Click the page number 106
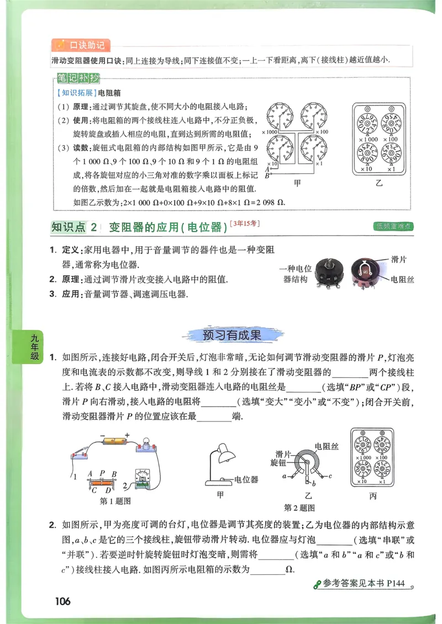click(x=63, y=601)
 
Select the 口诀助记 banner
click(x=81, y=45)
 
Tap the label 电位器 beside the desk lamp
click(x=246, y=479)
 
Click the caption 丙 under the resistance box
click(x=372, y=497)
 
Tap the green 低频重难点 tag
click(x=394, y=226)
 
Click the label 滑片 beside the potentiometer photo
click(x=399, y=258)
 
